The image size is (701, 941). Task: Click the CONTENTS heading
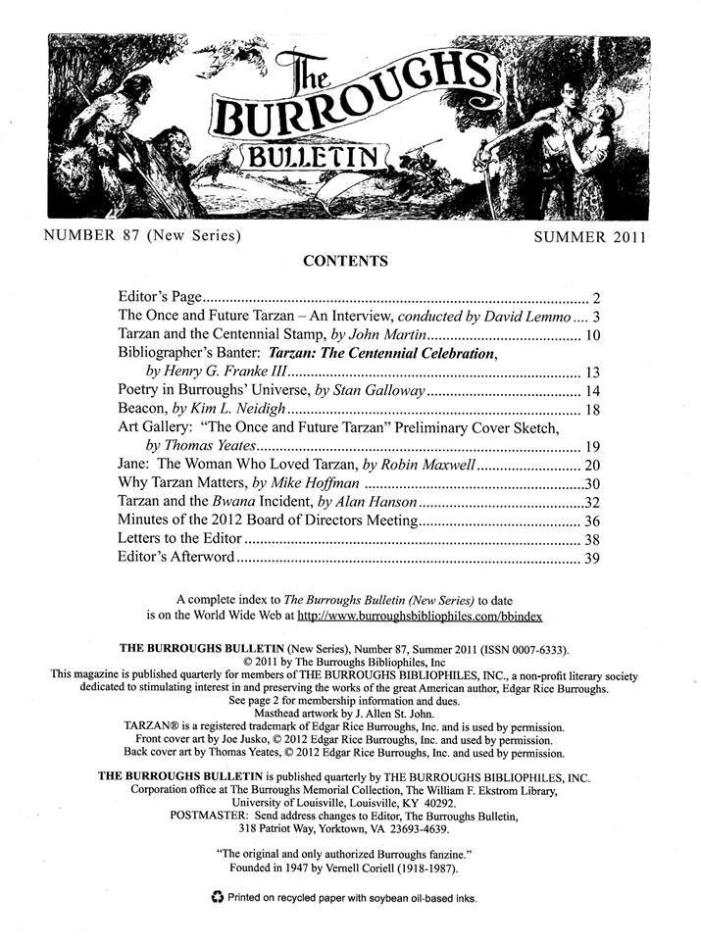coord(345,261)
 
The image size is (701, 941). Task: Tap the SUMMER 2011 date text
coord(591,237)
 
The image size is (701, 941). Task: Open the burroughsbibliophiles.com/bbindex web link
coord(420,617)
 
